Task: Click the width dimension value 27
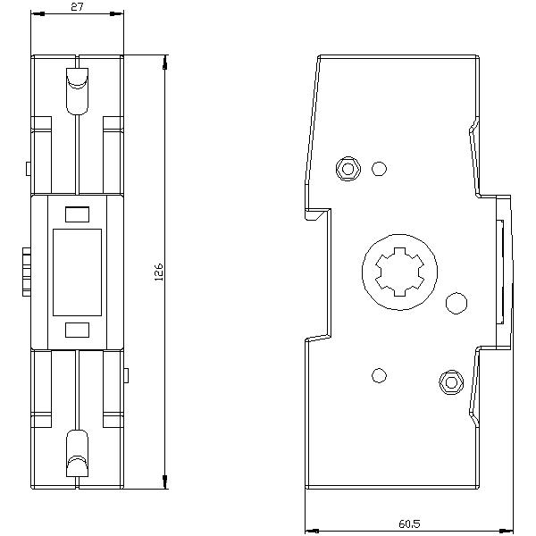77,7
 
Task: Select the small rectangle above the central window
78,214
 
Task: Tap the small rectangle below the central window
78,331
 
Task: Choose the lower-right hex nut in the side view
449,383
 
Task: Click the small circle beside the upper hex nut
379,167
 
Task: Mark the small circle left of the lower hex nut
379,375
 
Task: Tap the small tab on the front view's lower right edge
128,374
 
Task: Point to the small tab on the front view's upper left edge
29,168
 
